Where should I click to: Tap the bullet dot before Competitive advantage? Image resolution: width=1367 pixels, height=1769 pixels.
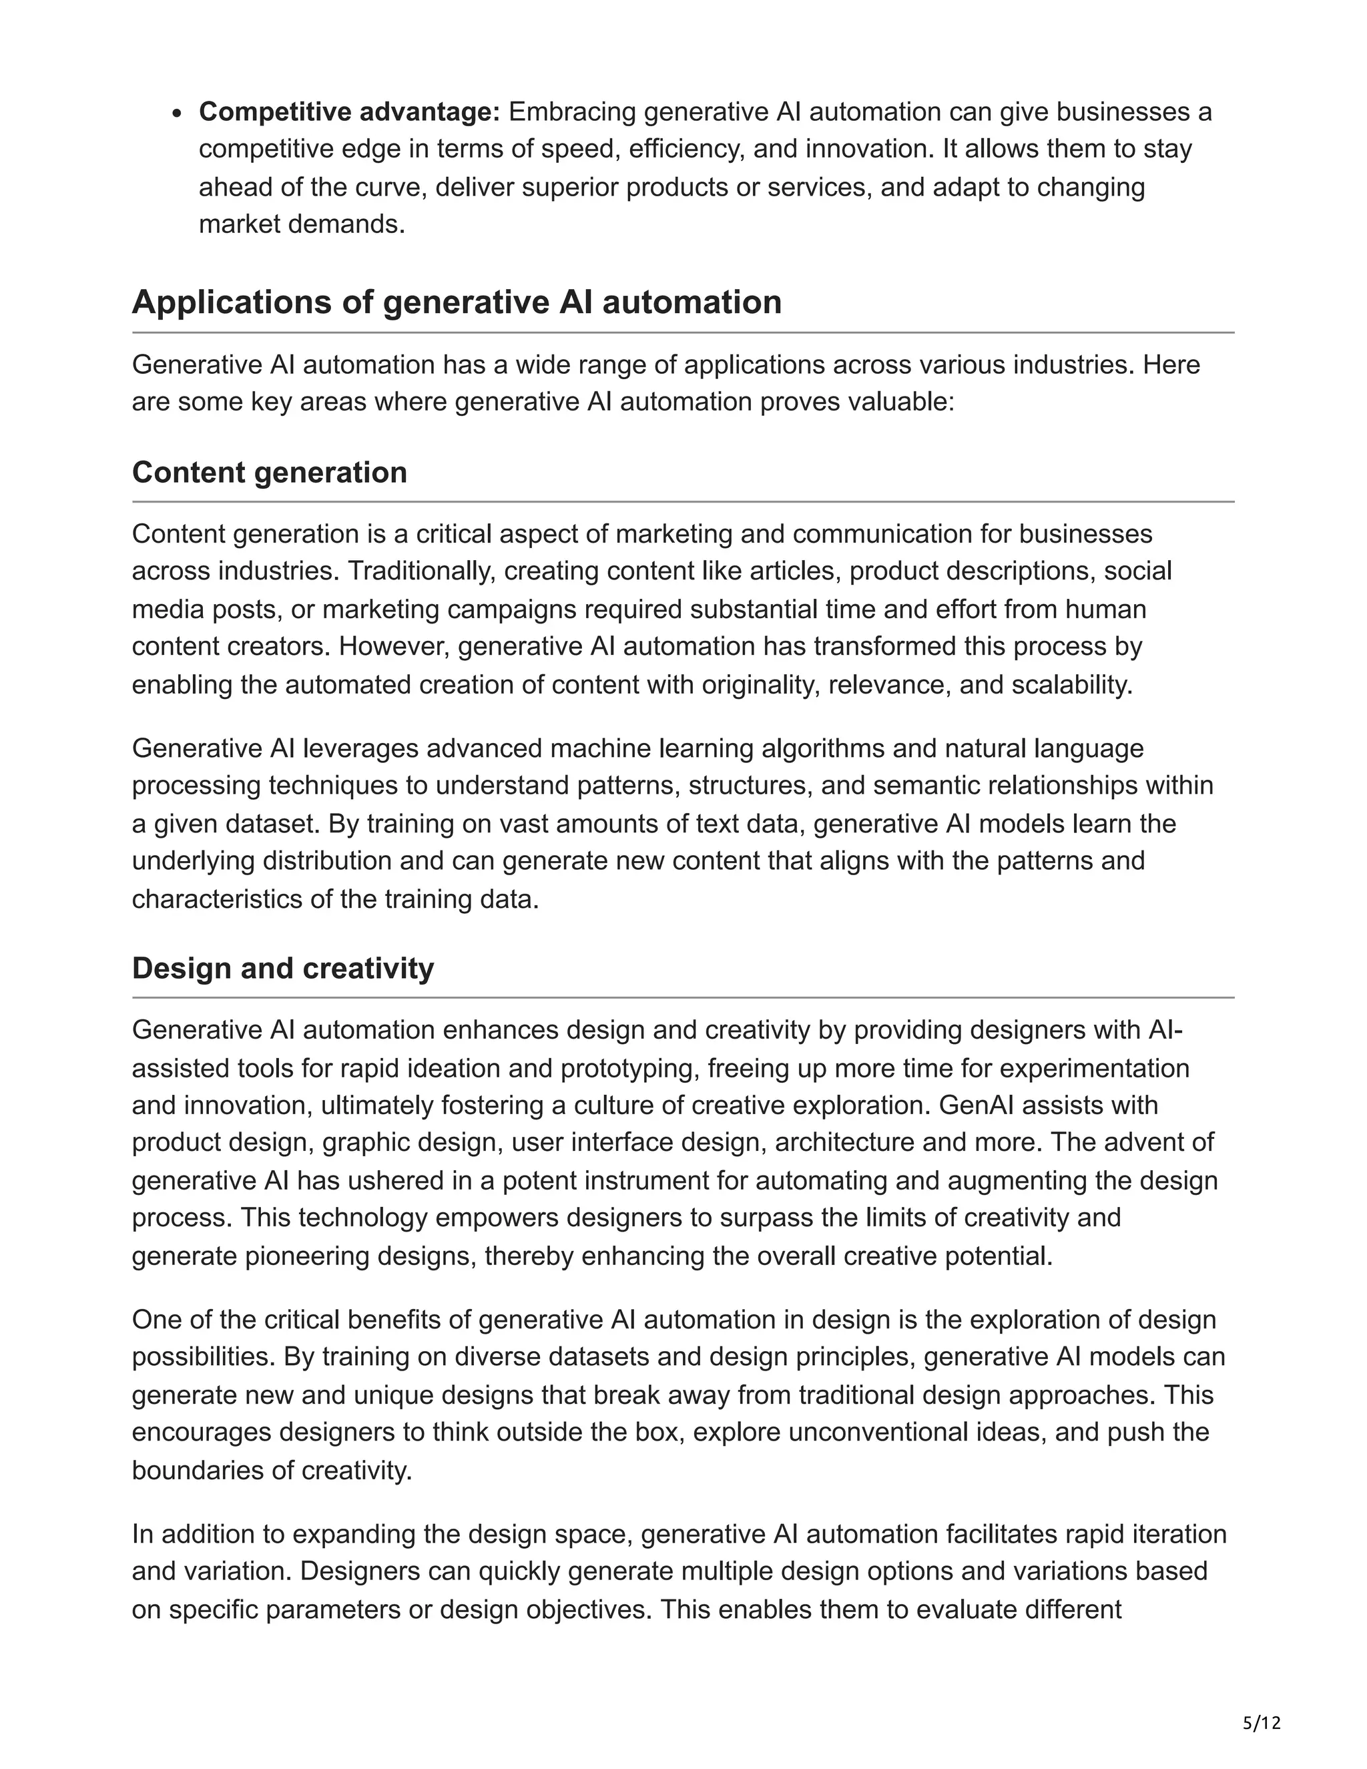pyautogui.click(x=179, y=113)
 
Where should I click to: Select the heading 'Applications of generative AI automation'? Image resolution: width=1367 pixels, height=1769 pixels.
pyautogui.click(x=456, y=302)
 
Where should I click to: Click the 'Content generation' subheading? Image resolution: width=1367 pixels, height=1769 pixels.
pyautogui.click(x=269, y=472)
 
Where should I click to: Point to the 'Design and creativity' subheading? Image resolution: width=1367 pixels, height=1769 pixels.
pyautogui.click(x=282, y=968)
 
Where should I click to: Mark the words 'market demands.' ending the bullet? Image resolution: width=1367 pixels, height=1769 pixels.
pyautogui.click(x=301, y=224)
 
